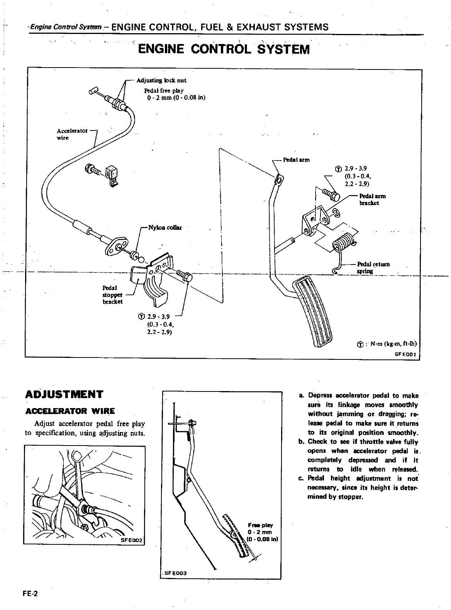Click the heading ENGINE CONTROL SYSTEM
(x=224, y=49)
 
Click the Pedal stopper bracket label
(x=112, y=295)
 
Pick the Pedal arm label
(x=296, y=159)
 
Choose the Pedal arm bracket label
(x=372, y=199)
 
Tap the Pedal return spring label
(x=373, y=267)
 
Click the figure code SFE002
(x=132, y=540)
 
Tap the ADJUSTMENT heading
(x=64, y=394)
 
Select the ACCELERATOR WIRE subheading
(x=70, y=411)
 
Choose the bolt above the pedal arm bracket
(x=331, y=194)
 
